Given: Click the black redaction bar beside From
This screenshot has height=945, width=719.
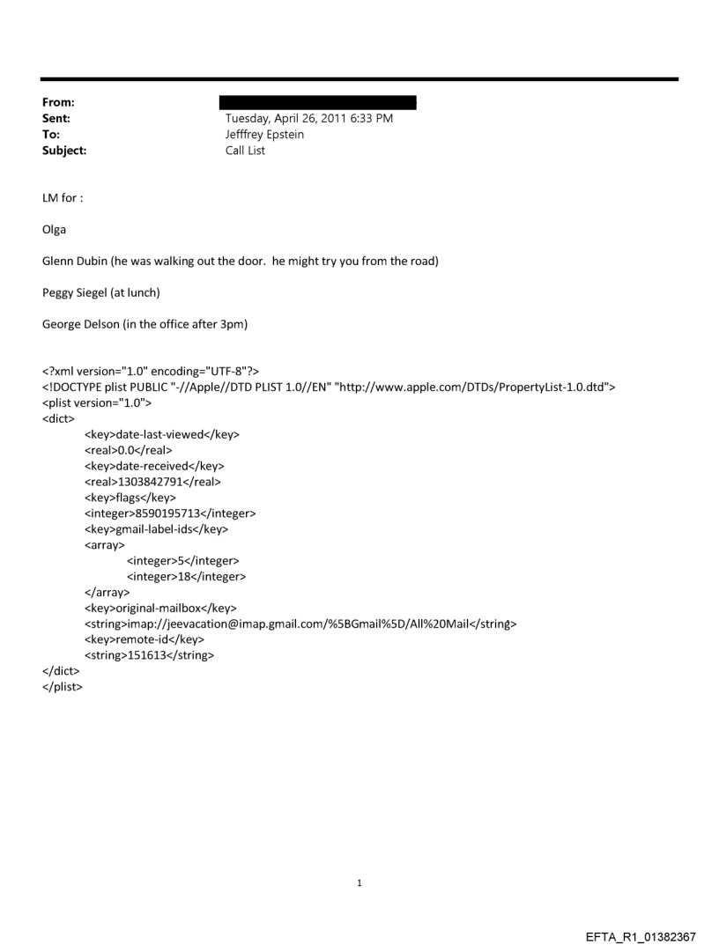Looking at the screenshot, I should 320,102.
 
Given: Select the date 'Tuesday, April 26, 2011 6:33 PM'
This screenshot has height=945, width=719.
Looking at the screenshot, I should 309,118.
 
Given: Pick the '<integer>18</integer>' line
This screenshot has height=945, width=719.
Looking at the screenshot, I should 186,577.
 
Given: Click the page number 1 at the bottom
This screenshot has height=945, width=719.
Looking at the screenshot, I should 359,882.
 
